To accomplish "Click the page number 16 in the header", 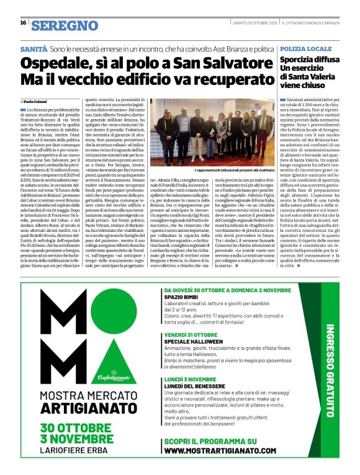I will click(x=23, y=23).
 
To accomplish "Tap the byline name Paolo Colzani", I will click(x=37, y=101).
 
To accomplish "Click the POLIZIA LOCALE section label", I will click(x=306, y=48).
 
